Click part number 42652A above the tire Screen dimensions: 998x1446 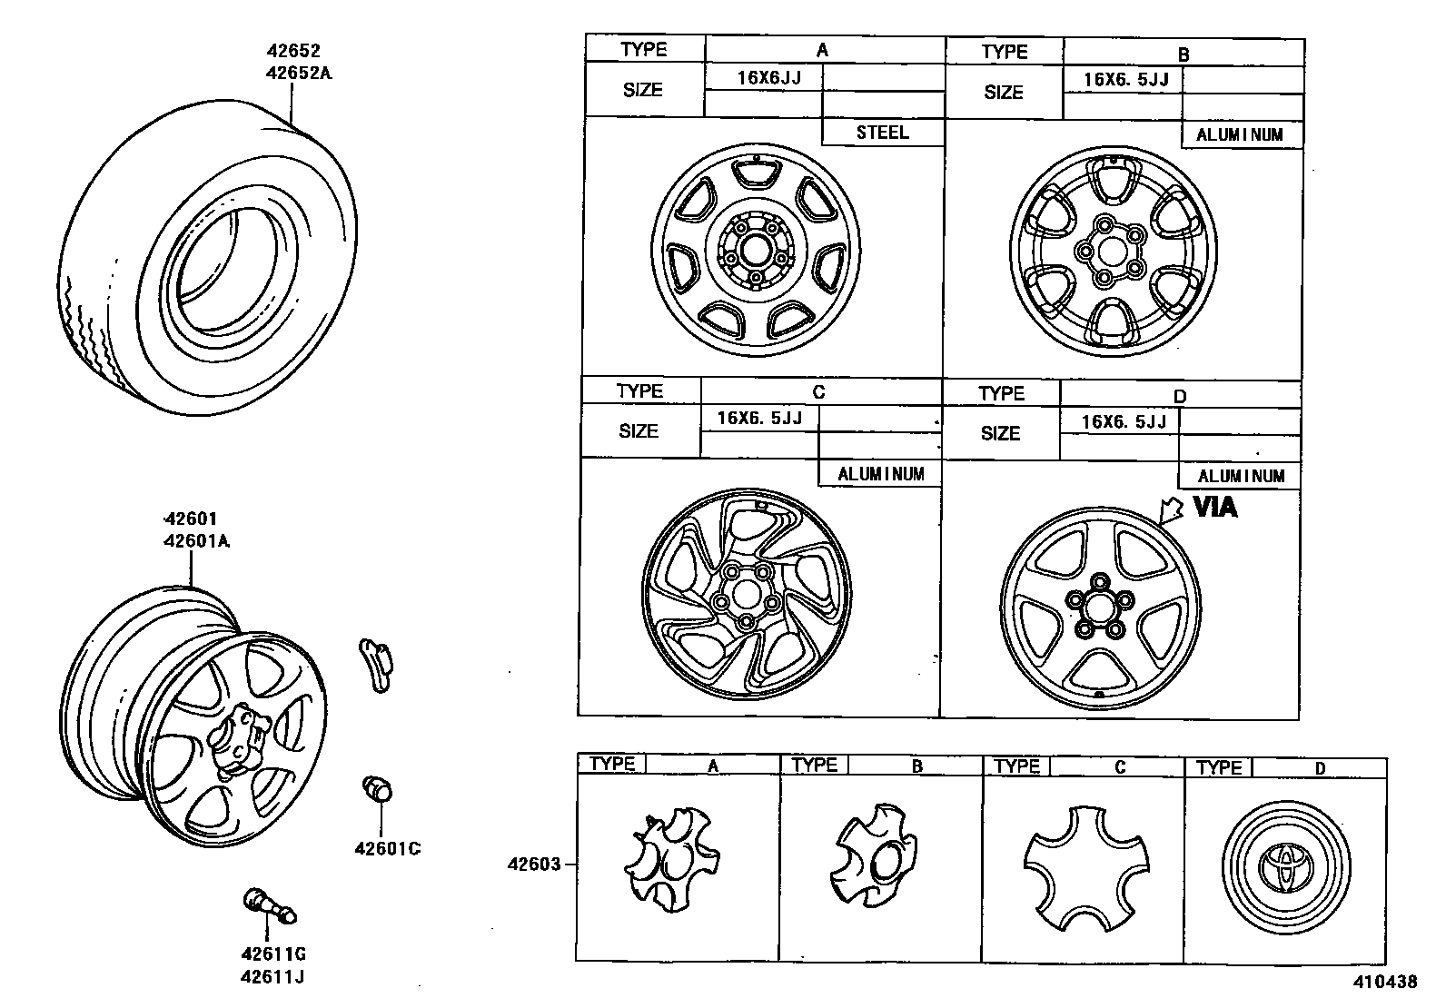point(299,73)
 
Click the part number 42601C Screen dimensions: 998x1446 point(387,849)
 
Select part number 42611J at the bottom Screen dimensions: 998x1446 point(272,977)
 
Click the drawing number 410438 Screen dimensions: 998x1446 point(1386,982)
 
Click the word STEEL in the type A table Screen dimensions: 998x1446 point(882,133)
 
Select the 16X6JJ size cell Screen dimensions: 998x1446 point(768,77)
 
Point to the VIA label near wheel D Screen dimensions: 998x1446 point(1214,507)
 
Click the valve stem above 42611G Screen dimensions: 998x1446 point(270,907)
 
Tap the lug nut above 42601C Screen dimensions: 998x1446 point(376,788)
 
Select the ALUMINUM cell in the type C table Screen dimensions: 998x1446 point(880,474)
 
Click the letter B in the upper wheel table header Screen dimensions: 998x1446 point(1184,54)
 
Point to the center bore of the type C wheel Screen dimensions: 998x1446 point(747,595)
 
